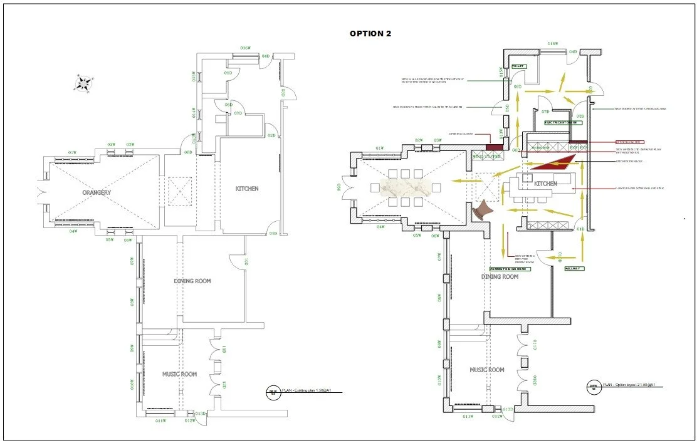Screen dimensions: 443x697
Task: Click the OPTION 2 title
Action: pos(370,34)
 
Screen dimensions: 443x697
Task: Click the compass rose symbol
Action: pos(84,83)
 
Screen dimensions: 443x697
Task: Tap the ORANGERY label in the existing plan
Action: pos(96,192)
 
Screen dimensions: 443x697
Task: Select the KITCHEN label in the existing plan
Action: pos(247,189)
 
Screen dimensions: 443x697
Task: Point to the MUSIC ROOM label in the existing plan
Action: pos(179,374)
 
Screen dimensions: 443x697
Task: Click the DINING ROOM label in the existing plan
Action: pos(192,281)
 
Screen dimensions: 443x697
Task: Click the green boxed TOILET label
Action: pos(518,66)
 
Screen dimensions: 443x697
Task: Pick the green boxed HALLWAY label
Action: pos(574,268)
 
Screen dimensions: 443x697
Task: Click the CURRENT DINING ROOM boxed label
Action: pos(510,269)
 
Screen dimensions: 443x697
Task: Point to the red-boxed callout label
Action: pos(629,142)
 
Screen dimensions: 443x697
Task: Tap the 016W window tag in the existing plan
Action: pos(246,48)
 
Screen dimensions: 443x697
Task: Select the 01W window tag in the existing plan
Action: pos(72,152)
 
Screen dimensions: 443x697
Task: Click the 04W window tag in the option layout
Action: pos(380,227)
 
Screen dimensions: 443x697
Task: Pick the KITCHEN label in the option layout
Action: pos(545,184)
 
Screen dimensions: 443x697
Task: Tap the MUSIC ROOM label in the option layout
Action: pos(487,370)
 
